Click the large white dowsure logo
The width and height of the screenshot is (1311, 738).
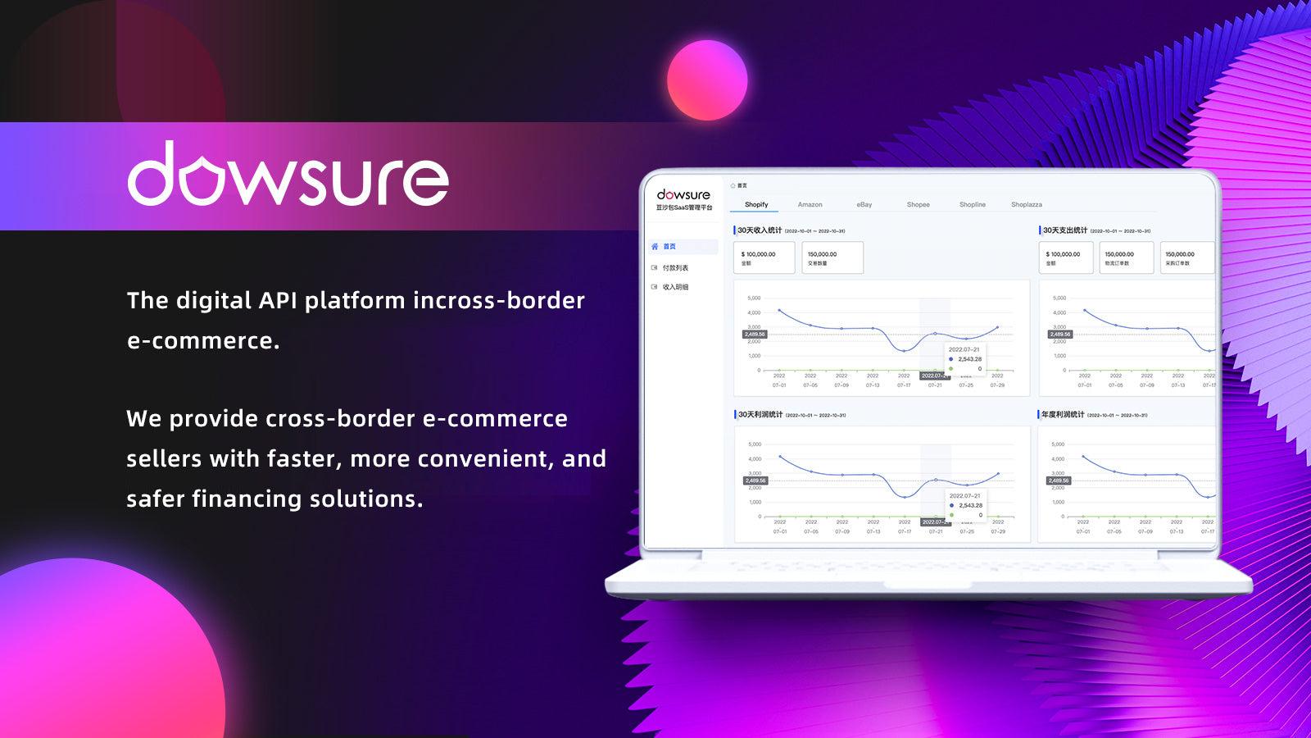click(x=288, y=175)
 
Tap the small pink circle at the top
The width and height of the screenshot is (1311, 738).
click(x=706, y=80)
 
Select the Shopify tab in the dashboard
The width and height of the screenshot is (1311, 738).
click(x=756, y=205)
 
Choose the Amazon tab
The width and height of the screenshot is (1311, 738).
click(x=810, y=205)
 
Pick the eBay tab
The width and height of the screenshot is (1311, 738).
click(x=864, y=205)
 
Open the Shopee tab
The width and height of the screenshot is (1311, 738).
click(x=918, y=205)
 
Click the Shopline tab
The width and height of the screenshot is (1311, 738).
click(x=973, y=205)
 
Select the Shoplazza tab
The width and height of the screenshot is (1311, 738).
click(x=1026, y=205)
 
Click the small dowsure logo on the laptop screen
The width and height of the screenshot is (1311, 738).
click(x=683, y=195)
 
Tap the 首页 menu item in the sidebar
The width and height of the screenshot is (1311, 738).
click(x=669, y=247)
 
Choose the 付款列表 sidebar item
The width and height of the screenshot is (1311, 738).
click(x=675, y=268)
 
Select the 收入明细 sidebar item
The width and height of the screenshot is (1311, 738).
click(x=675, y=287)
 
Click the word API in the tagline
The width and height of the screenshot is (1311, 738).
click(x=279, y=300)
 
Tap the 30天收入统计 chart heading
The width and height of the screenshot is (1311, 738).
click(x=760, y=230)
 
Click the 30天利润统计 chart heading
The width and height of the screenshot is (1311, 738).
click(x=760, y=415)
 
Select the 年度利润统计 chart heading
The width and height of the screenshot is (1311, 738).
click(x=1062, y=415)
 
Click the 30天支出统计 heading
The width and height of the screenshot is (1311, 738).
click(x=1064, y=230)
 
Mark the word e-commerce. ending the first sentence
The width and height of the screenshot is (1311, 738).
click(x=203, y=340)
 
